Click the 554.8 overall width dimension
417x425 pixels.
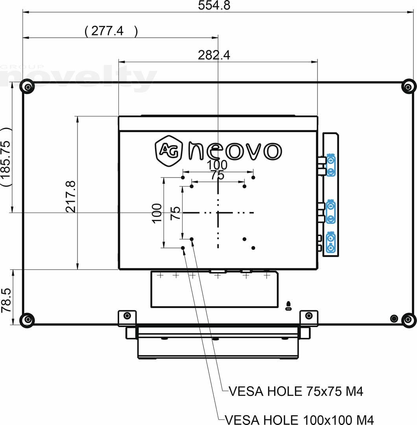[214, 5]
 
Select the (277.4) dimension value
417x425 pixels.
[111, 31]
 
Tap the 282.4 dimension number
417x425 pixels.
[214, 55]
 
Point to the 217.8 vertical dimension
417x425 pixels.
[71, 196]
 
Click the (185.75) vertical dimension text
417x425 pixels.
[6, 157]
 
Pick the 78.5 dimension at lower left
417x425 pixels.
[6, 300]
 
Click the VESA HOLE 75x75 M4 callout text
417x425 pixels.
[296, 392]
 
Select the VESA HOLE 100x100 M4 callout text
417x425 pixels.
[299, 419]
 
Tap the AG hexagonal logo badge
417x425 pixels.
[168, 151]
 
